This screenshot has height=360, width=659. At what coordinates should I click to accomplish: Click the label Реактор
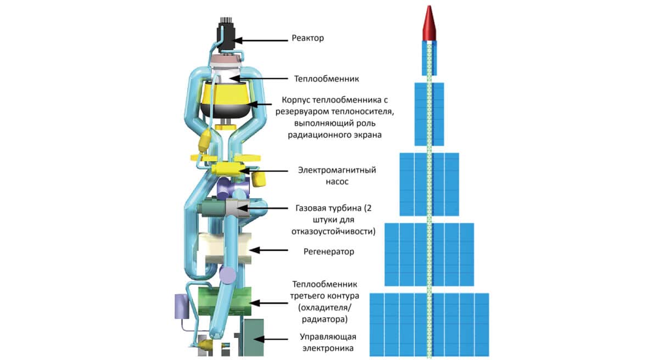coord(308,38)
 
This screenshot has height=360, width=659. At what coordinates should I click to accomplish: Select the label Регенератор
coord(329,251)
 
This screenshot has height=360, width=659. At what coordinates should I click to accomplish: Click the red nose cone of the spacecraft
coord(429,25)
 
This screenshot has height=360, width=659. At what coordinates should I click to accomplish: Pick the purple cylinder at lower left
coord(181,306)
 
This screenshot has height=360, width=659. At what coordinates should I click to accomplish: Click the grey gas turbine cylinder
coord(237,208)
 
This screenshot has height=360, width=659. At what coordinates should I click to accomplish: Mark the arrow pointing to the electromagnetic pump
coord(270,171)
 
